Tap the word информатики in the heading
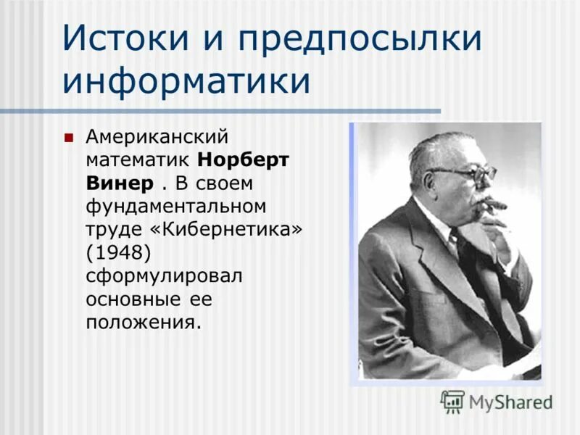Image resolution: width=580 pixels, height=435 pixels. point(187,80)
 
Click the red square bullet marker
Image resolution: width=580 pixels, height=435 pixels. point(69,137)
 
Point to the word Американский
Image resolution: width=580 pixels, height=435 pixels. point(157,136)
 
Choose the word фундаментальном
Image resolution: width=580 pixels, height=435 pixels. point(175,206)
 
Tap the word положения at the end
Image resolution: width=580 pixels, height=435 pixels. point(142,322)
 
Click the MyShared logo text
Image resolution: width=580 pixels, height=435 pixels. point(510,401)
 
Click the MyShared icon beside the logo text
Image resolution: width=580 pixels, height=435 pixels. point(452,401)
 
